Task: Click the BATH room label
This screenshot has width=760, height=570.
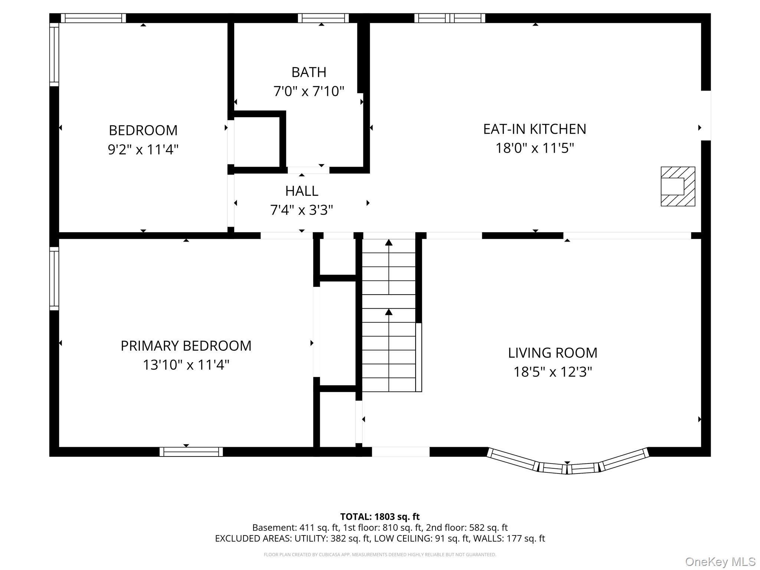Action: click(309, 72)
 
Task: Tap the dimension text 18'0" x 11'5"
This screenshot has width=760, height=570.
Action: click(535, 148)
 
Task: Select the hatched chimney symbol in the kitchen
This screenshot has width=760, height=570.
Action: click(678, 186)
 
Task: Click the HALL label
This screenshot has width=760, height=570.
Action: click(301, 191)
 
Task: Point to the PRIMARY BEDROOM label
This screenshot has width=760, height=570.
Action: click(186, 346)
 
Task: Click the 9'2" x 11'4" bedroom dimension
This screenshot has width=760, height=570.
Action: click(143, 150)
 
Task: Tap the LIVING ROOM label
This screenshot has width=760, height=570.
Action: click(552, 353)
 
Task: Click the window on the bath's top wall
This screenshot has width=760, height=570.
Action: click(323, 18)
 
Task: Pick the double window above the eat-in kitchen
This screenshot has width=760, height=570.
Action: click(449, 18)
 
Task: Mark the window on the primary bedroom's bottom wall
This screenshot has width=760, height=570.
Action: click(191, 452)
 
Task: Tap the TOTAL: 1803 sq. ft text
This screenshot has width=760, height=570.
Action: click(380, 517)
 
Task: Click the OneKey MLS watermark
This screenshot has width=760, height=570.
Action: click(720, 561)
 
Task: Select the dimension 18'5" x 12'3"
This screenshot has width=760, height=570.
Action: click(552, 372)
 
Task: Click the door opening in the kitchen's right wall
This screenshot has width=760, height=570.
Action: click(705, 115)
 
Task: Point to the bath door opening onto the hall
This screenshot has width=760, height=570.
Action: click(308, 170)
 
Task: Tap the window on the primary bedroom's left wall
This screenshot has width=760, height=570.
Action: click(54, 278)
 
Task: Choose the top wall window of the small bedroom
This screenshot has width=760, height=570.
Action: click(93, 18)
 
